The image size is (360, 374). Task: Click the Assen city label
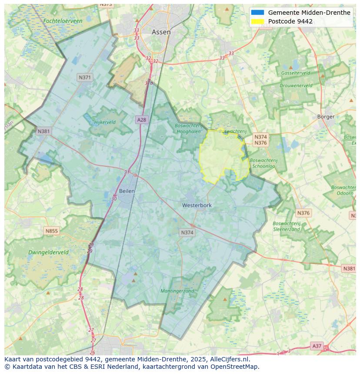coord(161,32)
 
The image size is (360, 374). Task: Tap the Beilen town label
coord(127,191)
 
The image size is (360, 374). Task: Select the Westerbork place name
coord(197,205)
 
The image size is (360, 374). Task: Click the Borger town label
coord(326,116)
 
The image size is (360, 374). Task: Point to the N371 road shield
coord(85,77)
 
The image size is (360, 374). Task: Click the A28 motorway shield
coord(141,119)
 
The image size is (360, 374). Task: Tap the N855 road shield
coord(51,231)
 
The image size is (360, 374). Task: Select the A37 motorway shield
coord(317,346)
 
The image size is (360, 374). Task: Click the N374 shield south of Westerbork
coord(187,233)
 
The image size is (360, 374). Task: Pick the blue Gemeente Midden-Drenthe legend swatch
coord(257,13)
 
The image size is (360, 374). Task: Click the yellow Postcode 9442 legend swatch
coord(257,21)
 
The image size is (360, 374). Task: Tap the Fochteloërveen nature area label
coord(63,21)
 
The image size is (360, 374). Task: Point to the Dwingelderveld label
coord(48,252)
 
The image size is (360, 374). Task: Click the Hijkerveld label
coord(105,122)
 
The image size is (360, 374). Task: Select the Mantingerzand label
coord(177,291)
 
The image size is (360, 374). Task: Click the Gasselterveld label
coord(296,73)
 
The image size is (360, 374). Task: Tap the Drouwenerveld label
coord(296,86)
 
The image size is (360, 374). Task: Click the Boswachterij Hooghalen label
coord(189,129)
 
